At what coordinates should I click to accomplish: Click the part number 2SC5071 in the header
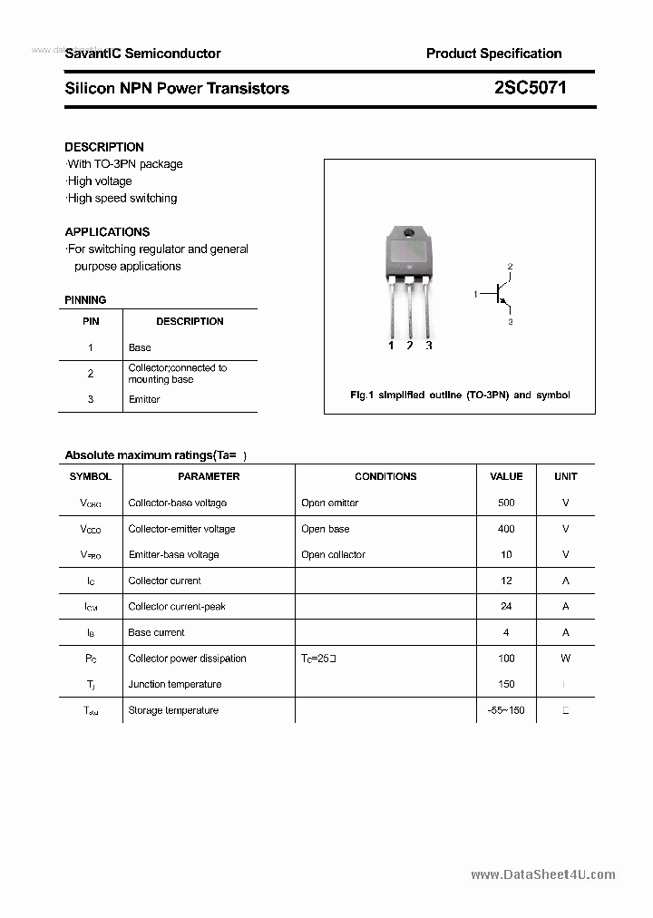531,88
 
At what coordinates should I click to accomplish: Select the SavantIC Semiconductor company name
142,54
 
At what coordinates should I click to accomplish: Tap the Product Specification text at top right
493,54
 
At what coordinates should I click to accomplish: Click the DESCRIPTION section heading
104,147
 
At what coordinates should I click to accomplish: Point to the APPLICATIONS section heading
107,231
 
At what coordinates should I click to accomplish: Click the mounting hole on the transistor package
409,234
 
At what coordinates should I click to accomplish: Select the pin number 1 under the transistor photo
391,346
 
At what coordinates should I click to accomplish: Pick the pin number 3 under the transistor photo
429,346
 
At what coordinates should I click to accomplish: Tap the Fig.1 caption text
460,396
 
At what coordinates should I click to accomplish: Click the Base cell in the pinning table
140,347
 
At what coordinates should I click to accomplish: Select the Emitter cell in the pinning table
144,399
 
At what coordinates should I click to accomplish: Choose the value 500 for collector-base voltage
506,503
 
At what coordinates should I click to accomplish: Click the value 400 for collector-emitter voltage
506,529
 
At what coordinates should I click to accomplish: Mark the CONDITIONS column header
385,476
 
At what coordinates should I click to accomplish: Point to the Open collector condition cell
333,554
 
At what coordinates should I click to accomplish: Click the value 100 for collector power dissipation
506,659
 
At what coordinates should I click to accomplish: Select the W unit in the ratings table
565,659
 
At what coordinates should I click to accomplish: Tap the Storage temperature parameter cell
173,710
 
